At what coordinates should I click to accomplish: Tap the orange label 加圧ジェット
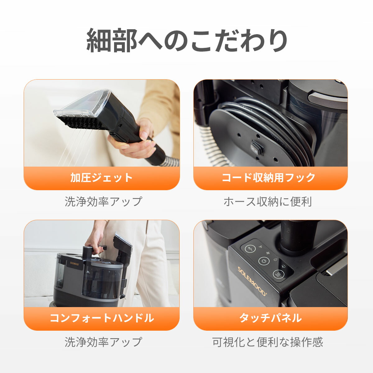[x=102, y=178]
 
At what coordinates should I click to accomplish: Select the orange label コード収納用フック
[x=269, y=178]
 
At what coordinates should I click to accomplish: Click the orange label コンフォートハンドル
[x=102, y=318]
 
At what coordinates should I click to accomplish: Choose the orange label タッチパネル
[x=270, y=318]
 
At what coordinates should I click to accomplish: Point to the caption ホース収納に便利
[x=267, y=202]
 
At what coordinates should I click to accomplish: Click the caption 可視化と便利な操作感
[x=267, y=342]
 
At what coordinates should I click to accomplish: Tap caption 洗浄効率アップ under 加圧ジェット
[x=103, y=202]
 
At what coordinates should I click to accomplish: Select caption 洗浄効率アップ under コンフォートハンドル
[x=103, y=342]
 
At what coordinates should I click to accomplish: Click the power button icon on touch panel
[x=264, y=261]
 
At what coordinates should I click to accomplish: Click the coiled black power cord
[x=280, y=124]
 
